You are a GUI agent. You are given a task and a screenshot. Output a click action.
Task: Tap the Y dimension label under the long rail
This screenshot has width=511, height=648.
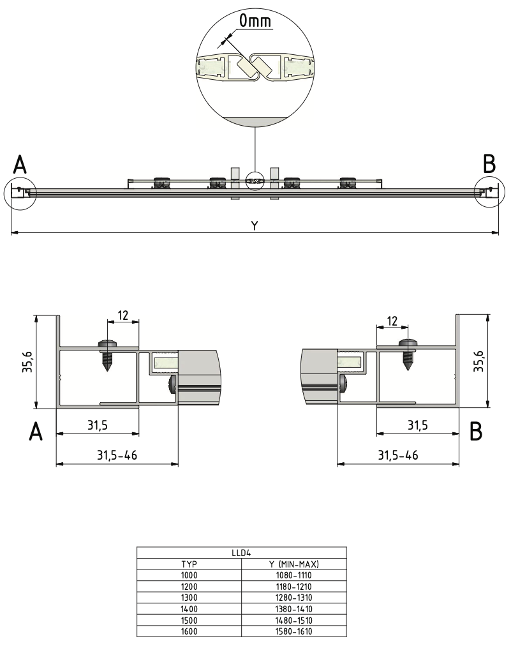click(x=255, y=226)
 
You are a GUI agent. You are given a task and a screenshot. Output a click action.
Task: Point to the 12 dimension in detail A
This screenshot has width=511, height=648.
click(x=124, y=315)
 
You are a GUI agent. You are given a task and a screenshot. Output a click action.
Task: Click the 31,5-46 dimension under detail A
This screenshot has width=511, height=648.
click(x=117, y=455)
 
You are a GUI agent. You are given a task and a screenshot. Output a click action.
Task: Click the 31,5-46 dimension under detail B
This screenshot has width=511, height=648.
click(x=398, y=455)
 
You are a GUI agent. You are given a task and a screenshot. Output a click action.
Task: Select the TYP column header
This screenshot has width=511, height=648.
click(x=189, y=564)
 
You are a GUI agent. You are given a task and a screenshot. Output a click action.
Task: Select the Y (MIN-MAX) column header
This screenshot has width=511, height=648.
click(x=294, y=564)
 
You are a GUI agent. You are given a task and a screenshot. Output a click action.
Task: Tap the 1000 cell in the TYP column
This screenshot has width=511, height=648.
click(x=189, y=575)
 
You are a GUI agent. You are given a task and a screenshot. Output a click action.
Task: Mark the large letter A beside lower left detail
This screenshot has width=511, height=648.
click(x=36, y=432)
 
